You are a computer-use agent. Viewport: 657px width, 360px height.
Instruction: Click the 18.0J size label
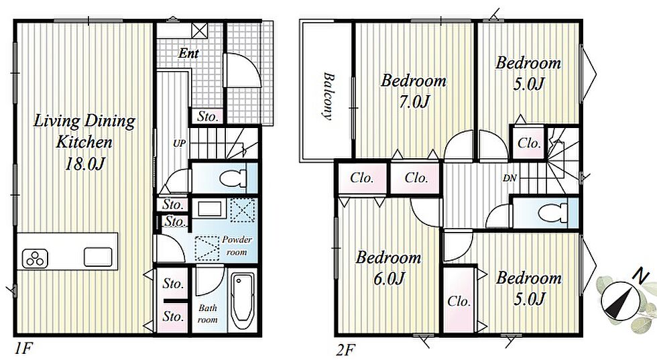click(x=84, y=164)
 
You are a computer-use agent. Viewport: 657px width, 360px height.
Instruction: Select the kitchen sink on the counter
click(x=98, y=257)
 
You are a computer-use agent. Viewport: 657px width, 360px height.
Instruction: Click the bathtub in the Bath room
click(x=243, y=302)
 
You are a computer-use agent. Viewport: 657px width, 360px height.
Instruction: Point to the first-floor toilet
click(x=233, y=178)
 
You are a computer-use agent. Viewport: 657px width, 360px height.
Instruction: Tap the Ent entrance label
click(x=188, y=53)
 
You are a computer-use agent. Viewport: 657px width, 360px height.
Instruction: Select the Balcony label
click(x=328, y=97)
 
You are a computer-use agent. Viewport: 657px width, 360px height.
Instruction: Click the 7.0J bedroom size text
click(x=414, y=102)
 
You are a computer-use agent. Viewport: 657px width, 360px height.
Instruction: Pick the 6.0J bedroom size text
click(x=389, y=278)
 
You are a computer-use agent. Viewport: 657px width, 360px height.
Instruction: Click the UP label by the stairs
click(x=180, y=143)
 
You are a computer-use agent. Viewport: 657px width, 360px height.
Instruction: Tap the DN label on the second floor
click(x=510, y=178)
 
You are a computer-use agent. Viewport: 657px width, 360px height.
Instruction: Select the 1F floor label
click(x=23, y=348)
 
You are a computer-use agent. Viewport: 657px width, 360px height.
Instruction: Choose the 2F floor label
click(x=345, y=349)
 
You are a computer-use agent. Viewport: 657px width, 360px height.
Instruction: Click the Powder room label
click(x=237, y=246)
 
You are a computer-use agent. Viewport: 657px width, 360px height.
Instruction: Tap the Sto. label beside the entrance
click(x=208, y=116)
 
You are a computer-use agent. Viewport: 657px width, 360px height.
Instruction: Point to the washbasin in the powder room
click(x=209, y=208)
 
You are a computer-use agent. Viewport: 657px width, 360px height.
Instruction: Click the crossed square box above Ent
click(x=200, y=30)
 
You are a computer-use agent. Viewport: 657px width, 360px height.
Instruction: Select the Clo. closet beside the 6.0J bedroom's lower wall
click(x=459, y=301)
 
